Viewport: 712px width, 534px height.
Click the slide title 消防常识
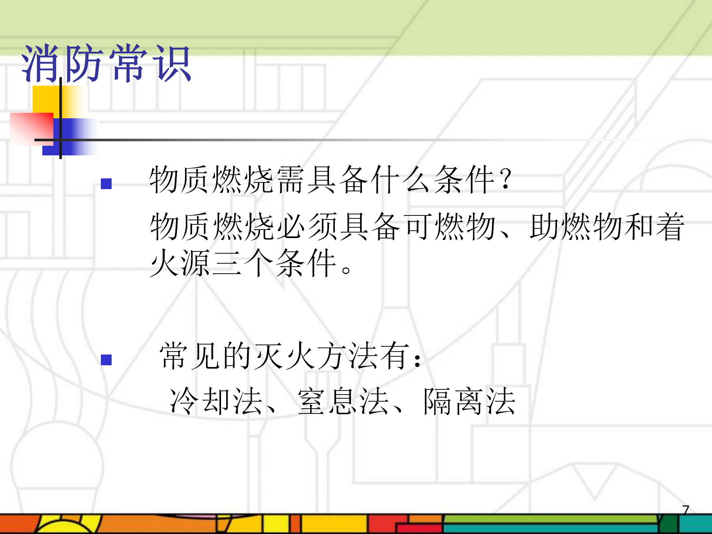tap(106, 63)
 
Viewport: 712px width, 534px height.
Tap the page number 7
tap(686, 510)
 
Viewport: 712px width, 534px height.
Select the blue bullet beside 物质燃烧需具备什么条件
tap(106, 184)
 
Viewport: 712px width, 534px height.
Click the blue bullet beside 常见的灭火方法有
tap(106, 360)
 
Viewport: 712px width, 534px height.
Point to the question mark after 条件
tap(505, 179)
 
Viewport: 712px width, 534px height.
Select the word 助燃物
tap(576, 226)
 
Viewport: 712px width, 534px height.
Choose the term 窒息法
tap(343, 401)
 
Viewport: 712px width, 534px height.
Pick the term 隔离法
tap(469, 401)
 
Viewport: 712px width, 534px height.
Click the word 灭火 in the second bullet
tap(286, 356)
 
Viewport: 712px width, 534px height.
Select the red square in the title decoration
tap(32, 129)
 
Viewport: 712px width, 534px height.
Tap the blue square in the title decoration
tap(71, 137)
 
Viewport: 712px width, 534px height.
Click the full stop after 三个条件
tap(346, 270)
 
